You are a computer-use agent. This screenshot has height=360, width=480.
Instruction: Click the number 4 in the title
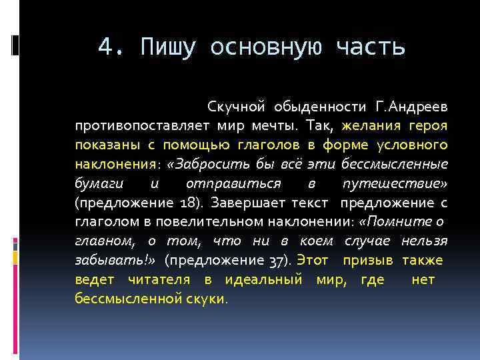tap(104, 47)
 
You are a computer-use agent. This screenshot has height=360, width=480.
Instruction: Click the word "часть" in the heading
tap(371, 47)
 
